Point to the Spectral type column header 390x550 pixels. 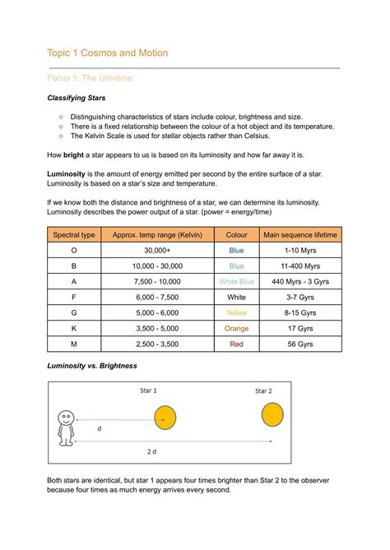[x=74, y=235]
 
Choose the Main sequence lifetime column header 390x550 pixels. [x=300, y=235]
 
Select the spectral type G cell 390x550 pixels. [x=74, y=313]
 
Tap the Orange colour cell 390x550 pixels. [x=236, y=329]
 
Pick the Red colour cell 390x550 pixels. [x=236, y=344]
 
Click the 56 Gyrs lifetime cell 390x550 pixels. [x=300, y=344]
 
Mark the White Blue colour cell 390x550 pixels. [x=236, y=282]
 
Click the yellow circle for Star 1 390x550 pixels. [x=166, y=417]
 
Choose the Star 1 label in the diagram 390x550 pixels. [x=150, y=390]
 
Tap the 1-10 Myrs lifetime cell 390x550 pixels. [x=300, y=251]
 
